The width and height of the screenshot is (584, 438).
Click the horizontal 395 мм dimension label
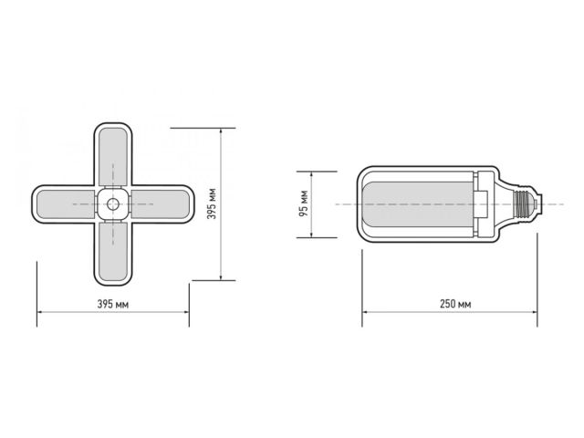coord(113,304)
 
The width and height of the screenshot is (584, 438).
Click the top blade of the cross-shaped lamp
coord(113,155)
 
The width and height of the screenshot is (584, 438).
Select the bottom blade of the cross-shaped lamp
coord(113,250)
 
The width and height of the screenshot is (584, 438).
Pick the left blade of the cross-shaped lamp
coord(64,203)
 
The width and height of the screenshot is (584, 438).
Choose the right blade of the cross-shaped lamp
coord(162,203)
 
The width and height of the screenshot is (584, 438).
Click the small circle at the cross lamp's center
coord(113,203)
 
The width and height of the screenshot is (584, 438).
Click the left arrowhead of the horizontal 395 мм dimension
coord(40,316)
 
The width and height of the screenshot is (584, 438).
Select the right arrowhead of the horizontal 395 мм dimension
coord(186,316)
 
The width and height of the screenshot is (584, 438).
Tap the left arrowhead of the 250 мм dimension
coord(365,316)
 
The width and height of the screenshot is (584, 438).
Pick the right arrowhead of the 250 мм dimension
coord(536,316)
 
